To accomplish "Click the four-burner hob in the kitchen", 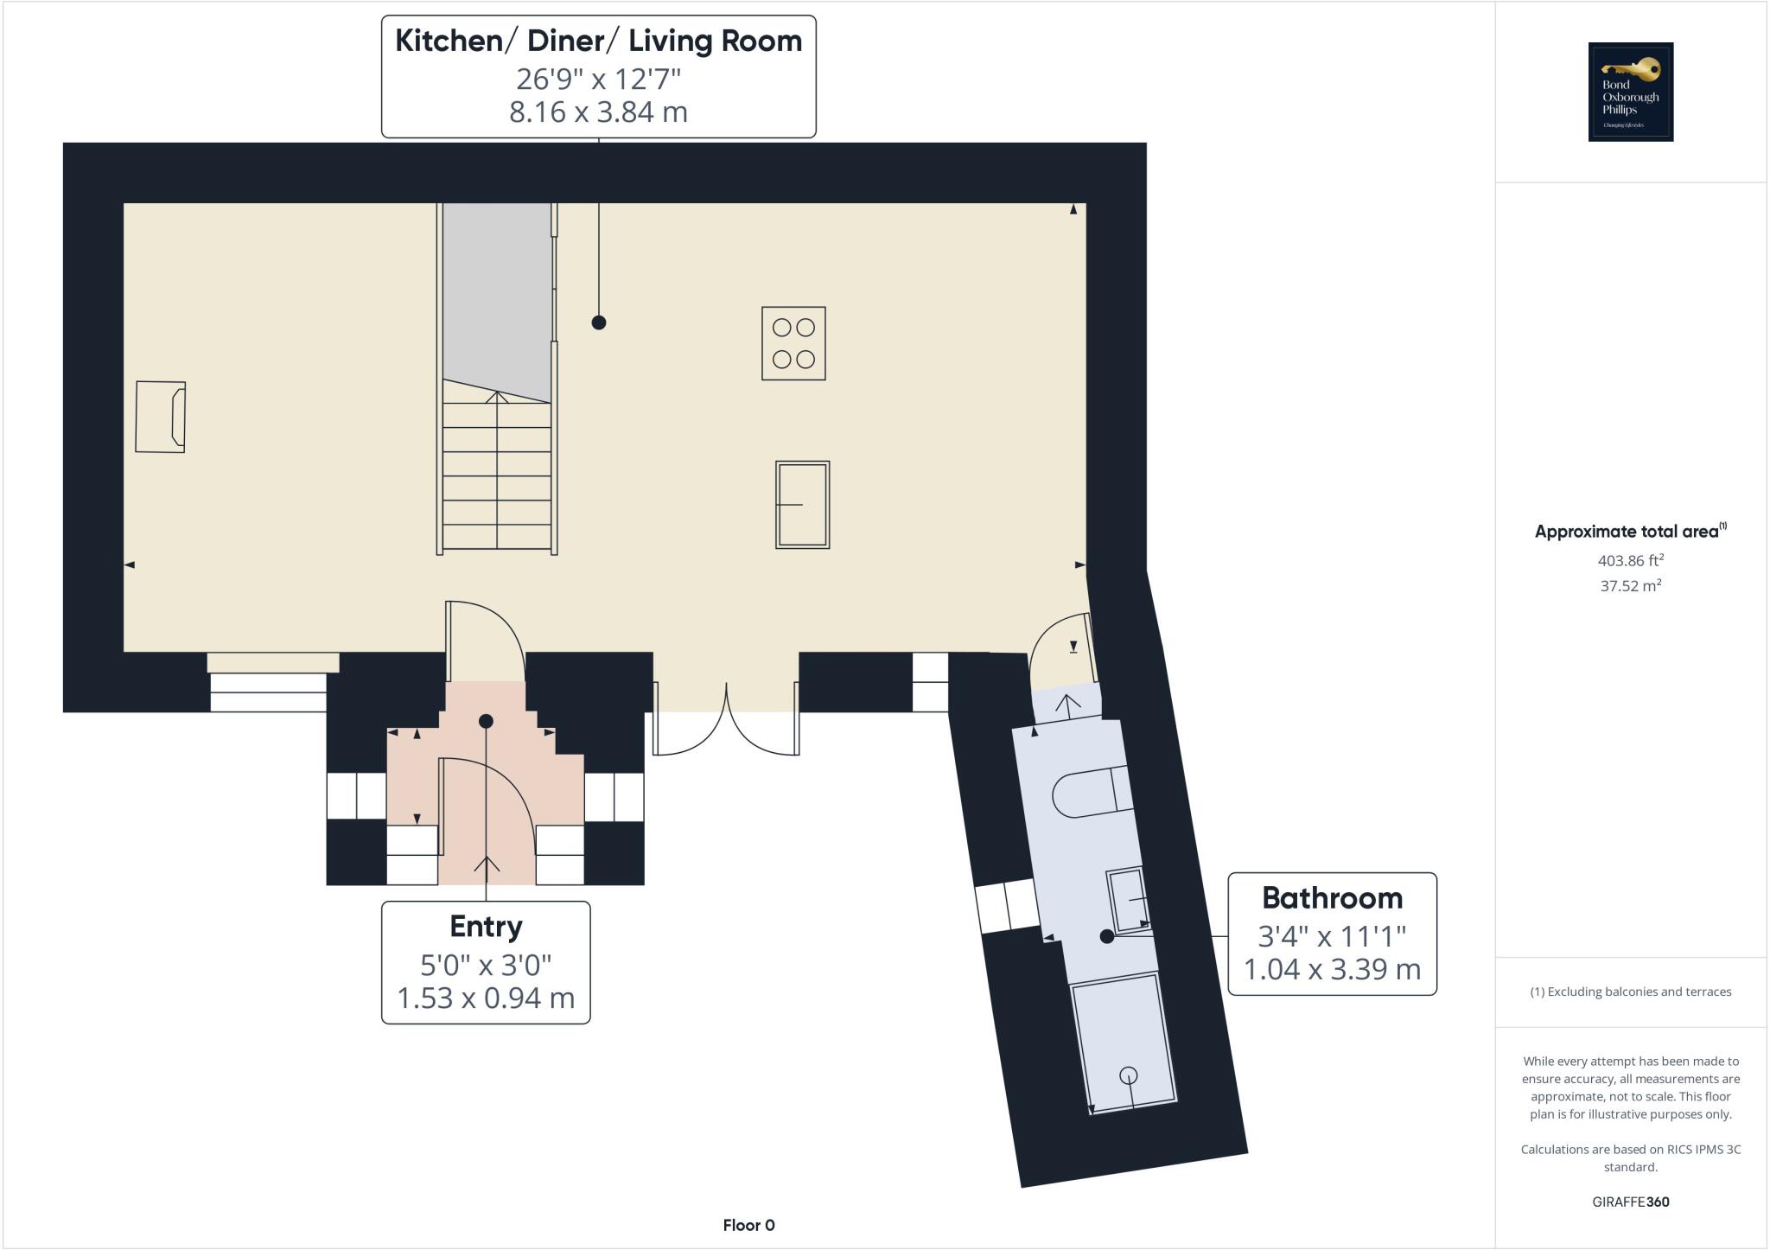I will coord(793,343).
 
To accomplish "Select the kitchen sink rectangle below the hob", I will coord(803,505).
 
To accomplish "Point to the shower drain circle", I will coord(1128,1075).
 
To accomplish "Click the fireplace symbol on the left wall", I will coord(161,417).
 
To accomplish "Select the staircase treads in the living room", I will coord(497,475).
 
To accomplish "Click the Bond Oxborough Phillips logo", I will coord(1630,92).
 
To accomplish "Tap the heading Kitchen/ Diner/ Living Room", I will coord(598,41).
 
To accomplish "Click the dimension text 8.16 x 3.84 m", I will coord(598,112).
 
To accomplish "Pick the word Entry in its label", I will coord(486,927).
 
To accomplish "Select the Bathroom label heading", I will coord(1332,898).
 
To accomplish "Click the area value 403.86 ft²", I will coord(1630,560).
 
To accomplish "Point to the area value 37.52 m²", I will coord(1630,585).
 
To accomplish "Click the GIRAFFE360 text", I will coord(1630,1202).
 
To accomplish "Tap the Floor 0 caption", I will coord(748,1225).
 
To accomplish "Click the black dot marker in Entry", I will coord(486,721).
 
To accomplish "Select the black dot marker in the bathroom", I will coord(1106,936).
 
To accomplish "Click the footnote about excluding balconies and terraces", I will coord(1630,992).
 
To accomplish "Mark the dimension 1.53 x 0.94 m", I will coord(486,998).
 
